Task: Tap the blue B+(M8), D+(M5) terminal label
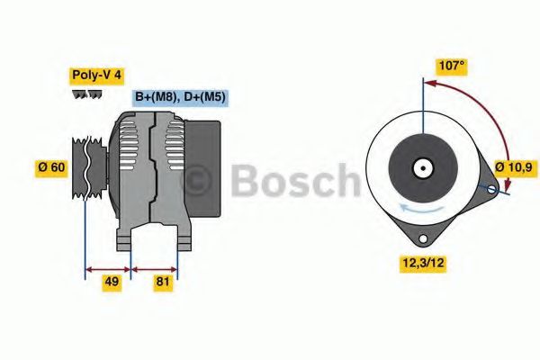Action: [x=180, y=97]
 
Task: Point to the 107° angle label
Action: [x=452, y=67]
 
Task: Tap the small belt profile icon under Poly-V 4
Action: [x=86, y=94]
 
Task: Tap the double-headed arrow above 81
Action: [x=154, y=267]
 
